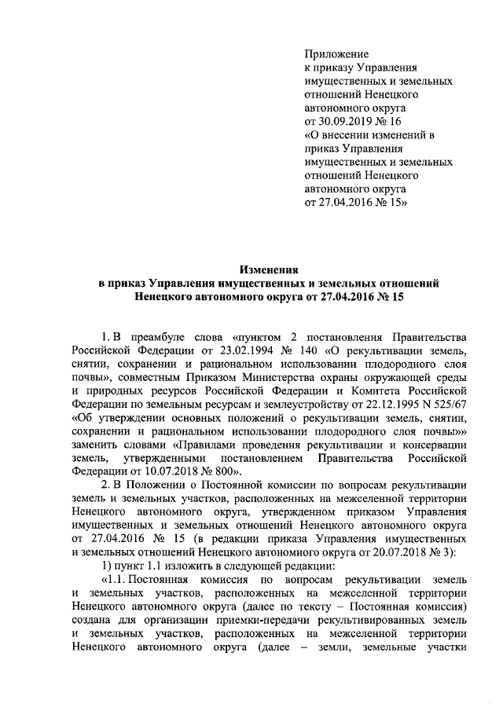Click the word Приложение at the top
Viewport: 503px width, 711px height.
click(x=336, y=53)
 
